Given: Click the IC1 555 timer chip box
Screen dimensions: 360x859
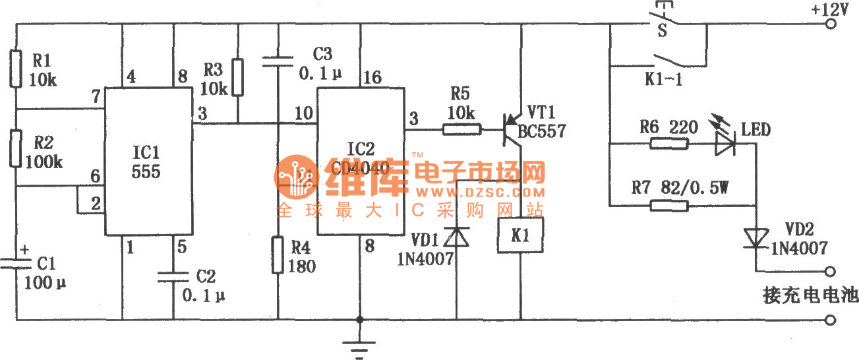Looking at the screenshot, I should coord(149,162).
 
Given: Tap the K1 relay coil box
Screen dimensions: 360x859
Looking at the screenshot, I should coord(521,235).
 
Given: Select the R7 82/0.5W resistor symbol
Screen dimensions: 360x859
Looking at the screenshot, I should coord(670,206).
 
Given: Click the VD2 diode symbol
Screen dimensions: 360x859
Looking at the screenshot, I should coord(756,239).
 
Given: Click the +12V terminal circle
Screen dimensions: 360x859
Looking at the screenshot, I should coord(833,24).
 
